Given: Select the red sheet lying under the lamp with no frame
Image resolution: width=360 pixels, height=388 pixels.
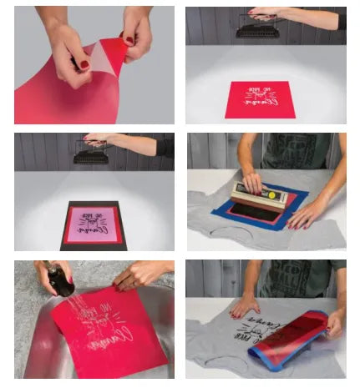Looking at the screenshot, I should click(x=258, y=98).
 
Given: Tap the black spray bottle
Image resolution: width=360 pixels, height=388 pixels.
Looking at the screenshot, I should click(x=61, y=281).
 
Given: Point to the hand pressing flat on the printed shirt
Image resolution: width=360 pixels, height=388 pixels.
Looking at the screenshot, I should click(x=244, y=306).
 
